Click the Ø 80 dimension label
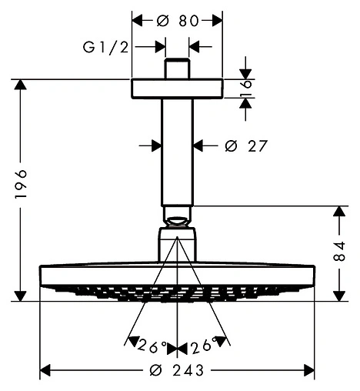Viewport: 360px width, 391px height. pos(178,21)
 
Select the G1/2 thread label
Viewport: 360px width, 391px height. pos(105,48)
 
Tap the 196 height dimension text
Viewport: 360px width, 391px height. pos(21,183)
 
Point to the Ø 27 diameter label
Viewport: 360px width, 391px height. pos(246,146)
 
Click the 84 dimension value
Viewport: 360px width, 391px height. pos(339,251)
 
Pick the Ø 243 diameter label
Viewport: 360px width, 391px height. pos(178,370)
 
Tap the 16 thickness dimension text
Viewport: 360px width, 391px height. pos(245,89)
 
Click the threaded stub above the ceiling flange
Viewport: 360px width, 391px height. pos(177,69)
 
